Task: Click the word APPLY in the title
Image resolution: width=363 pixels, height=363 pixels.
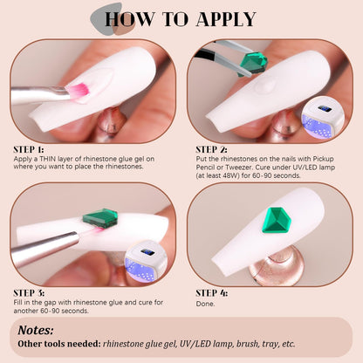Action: tap(226, 19)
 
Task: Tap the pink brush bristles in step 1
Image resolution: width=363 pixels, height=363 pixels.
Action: tap(77, 90)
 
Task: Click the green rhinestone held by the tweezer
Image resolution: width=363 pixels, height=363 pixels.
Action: tap(252, 63)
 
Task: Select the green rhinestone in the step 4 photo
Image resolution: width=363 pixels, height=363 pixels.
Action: tap(277, 221)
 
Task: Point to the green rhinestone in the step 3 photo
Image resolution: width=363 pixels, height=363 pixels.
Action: tap(100, 217)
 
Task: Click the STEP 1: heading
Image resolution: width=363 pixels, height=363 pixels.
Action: tap(29, 149)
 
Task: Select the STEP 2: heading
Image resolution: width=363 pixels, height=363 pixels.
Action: tap(211, 149)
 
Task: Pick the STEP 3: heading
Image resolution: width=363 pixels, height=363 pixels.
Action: tap(29, 293)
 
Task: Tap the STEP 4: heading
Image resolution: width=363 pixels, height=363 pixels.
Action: tap(211, 293)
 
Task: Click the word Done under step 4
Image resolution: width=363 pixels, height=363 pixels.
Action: tap(205, 304)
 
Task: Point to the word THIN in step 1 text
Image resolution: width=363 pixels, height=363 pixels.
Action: tap(48, 159)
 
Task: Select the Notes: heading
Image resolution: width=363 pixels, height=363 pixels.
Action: tap(36, 331)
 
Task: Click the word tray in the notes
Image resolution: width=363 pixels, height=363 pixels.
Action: tap(270, 345)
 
